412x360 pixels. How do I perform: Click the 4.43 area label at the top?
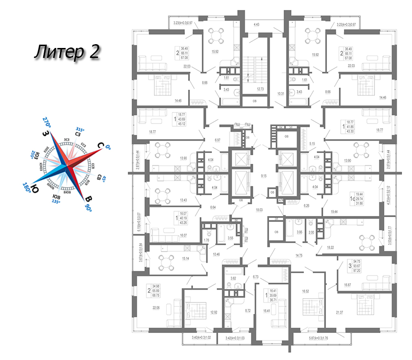point(257,24)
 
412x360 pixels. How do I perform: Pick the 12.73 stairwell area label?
point(259,89)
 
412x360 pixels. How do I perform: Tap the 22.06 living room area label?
point(156,308)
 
